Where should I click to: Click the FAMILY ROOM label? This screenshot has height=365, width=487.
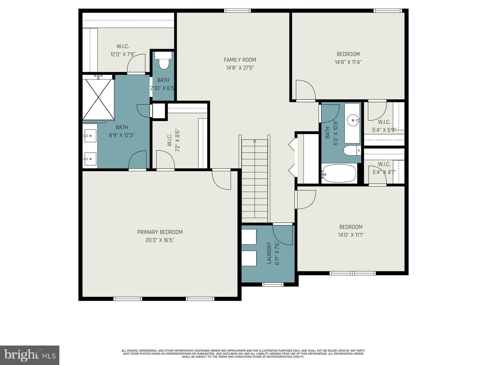[240, 60]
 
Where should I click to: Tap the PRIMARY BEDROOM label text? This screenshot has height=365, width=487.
[160, 232]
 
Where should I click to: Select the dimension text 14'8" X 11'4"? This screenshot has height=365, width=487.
[348, 62]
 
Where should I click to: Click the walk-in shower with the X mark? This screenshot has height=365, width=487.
[98, 99]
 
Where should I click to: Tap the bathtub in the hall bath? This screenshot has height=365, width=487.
[339, 174]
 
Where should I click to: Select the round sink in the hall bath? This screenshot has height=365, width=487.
[353, 120]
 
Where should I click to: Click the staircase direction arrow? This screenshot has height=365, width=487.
[255, 141]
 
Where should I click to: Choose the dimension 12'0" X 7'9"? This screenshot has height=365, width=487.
[123, 54]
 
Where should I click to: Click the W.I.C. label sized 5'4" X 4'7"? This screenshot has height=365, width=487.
[384, 164]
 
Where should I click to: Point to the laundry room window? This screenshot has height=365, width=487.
[273, 285]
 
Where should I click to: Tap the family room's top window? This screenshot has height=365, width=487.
[237, 11]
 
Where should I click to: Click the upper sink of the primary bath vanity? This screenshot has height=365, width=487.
[90, 134]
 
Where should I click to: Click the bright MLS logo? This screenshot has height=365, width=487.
[30, 355]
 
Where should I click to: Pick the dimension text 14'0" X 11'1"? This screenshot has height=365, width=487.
[351, 235]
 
